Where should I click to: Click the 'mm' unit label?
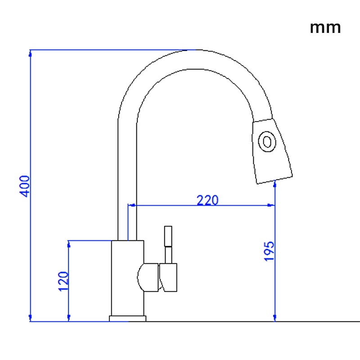(x=325, y=27)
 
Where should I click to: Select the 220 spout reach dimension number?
(x=207, y=200)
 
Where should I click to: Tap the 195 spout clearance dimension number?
(x=269, y=251)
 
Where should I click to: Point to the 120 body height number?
(x=63, y=281)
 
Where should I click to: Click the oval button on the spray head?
(x=267, y=141)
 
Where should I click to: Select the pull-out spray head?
(x=271, y=151)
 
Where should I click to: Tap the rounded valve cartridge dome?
(x=148, y=277)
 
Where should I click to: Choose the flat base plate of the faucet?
(x=128, y=319)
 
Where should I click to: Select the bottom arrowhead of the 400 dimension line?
(x=30, y=318)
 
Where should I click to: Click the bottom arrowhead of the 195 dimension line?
(x=275, y=318)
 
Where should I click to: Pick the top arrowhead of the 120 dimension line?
(x=69, y=244)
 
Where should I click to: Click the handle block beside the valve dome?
(x=168, y=277)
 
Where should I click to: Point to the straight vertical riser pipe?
(x=127, y=180)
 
